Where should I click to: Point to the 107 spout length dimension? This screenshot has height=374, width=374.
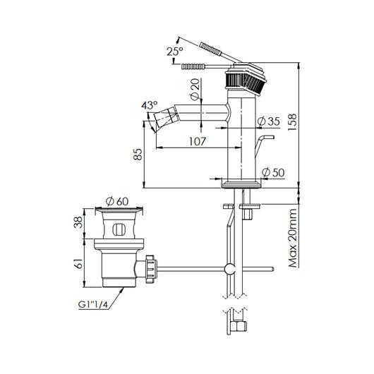pyautogui.click(x=197, y=141)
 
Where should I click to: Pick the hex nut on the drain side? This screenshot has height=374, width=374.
pyautogui.click(x=151, y=268)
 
